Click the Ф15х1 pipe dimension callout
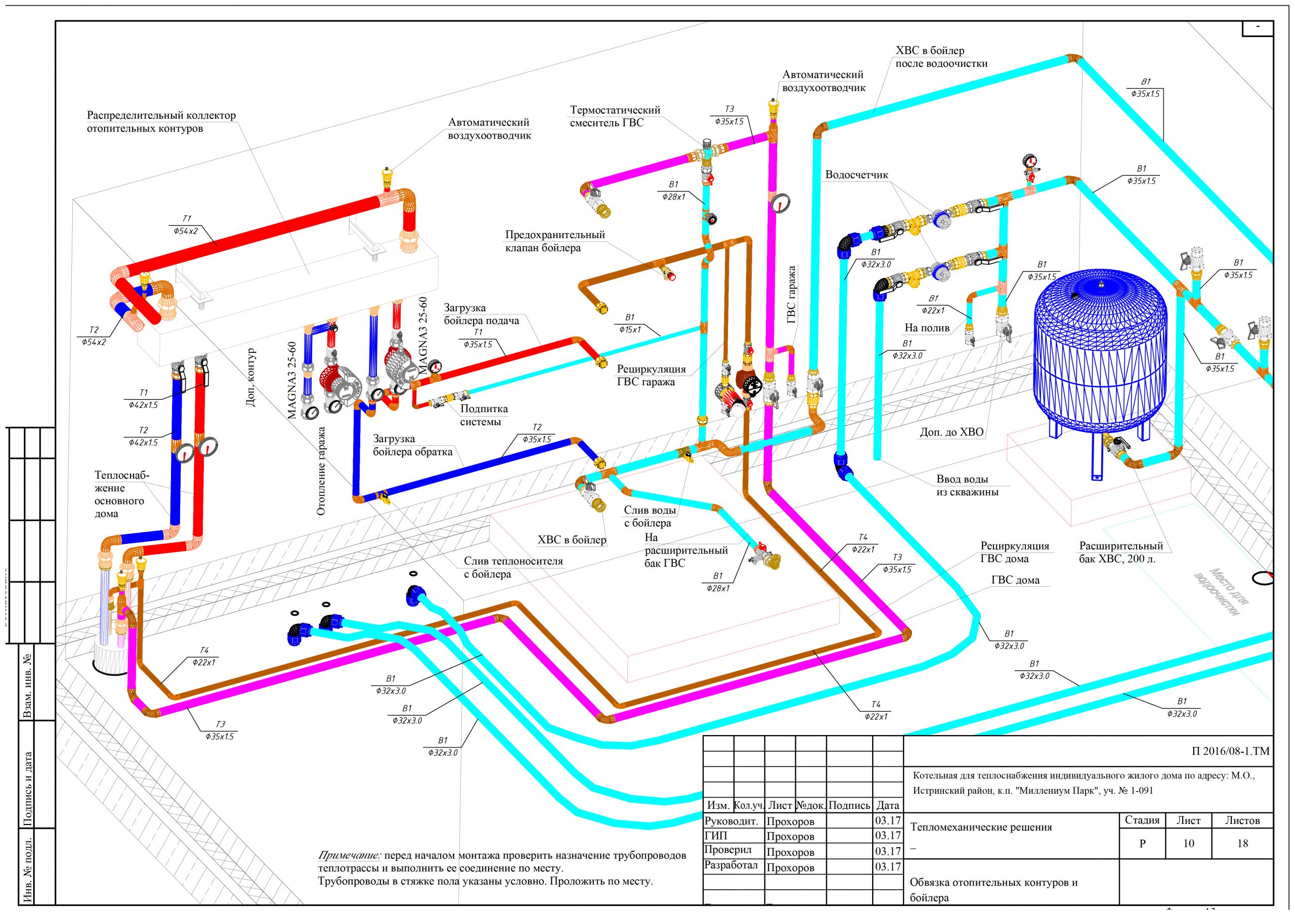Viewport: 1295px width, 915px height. [629, 329]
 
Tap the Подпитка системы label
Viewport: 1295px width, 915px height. [484, 415]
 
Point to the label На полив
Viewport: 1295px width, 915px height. [927, 328]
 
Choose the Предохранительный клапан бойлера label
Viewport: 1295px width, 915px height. [554, 241]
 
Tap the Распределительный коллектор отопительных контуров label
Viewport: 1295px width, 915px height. [161, 122]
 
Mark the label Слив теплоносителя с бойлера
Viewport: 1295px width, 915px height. [513, 568]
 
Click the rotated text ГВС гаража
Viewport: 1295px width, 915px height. [792, 294]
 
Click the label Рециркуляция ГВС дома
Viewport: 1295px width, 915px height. [1014, 552]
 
